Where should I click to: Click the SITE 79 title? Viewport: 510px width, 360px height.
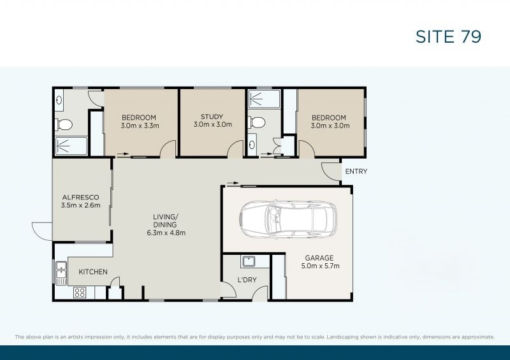448,36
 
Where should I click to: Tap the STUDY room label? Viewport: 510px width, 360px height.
212,117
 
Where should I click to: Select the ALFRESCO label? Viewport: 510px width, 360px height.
81,197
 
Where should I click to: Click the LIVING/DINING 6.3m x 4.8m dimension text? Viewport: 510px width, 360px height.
166,233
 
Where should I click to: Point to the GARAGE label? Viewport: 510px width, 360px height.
319,258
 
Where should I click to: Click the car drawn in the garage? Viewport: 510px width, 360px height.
288,219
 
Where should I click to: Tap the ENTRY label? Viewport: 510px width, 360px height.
356,171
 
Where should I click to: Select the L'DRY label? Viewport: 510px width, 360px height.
247,280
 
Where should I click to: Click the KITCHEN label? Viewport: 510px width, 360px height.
93,272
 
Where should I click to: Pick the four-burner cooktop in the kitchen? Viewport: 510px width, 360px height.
80,292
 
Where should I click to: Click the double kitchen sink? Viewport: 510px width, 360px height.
61,273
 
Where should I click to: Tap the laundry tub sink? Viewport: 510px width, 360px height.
249,261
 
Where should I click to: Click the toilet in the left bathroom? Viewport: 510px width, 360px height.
64,124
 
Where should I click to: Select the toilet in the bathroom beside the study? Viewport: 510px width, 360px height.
257,122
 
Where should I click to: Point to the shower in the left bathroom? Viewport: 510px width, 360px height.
71,147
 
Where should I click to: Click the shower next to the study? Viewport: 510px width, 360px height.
264,99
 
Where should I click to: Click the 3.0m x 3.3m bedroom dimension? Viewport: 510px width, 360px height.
140,126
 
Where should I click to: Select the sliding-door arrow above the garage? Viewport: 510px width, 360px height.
233,184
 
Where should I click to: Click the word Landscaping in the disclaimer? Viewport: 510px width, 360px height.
341,337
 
